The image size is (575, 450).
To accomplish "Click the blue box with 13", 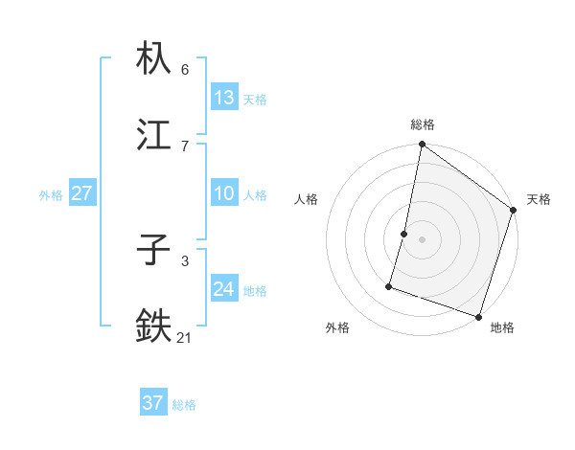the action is tap(224, 98).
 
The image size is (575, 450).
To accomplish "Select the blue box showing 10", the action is tap(224, 193).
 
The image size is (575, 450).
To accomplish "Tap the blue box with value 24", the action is tap(224, 289).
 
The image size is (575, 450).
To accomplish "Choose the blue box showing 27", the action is tap(82, 193).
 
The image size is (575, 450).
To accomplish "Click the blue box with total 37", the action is tap(153, 403).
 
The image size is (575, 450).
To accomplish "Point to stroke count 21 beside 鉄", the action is tap(185, 336).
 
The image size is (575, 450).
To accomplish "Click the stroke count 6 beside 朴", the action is tap(185, 69).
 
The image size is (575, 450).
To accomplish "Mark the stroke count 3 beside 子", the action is tap(185, 260).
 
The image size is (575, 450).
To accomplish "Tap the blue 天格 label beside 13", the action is tap(255, 99).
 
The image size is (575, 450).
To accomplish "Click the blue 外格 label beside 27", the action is tap(51, 194).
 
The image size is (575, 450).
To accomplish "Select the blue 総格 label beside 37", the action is tap(184, 404).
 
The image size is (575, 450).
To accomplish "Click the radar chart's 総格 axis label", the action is tap(423, 124).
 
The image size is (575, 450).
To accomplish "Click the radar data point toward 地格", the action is tap(478, 316).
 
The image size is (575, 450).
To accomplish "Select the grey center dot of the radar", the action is tap(423, 238).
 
